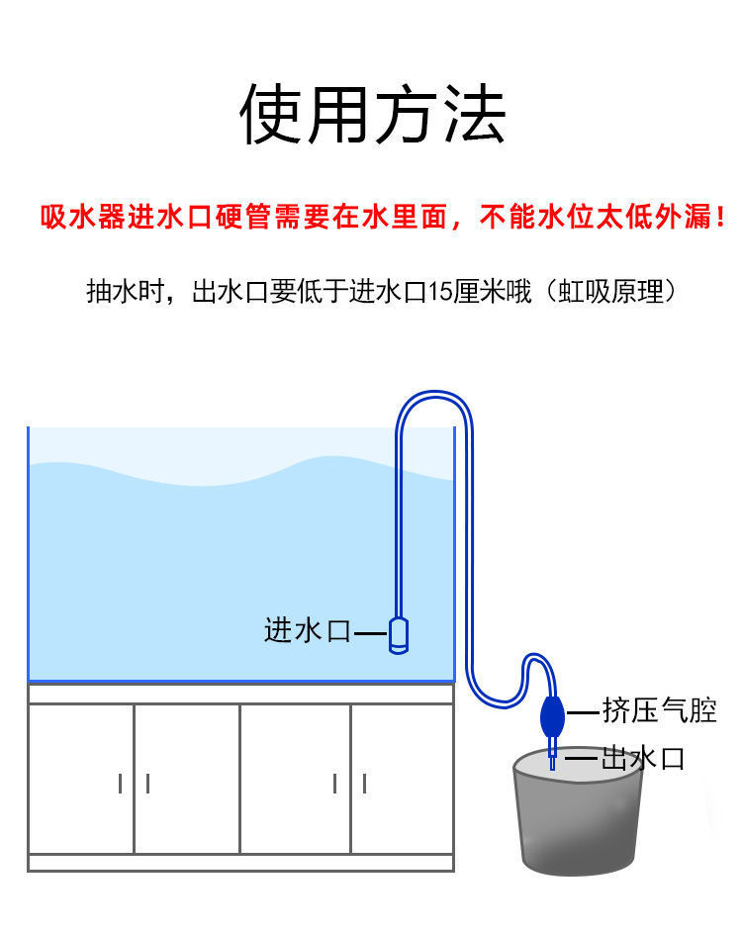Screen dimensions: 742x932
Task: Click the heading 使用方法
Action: pos(373,115)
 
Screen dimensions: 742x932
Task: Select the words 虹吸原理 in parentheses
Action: pos(617,292)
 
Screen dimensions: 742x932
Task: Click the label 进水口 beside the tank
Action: pos(308,630)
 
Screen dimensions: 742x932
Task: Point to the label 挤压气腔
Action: pos(659,709)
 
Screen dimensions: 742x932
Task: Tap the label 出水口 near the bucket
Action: pos(643,759)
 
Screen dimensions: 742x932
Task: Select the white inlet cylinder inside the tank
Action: pos(399,634)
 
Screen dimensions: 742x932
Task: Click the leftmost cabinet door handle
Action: pos(121,784)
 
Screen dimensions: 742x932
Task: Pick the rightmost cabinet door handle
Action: pos(364,784)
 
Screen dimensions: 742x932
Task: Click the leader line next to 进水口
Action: pos(370,632)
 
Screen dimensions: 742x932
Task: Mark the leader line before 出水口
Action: pos(582,760)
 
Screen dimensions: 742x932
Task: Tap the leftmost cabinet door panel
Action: pos(81,778)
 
